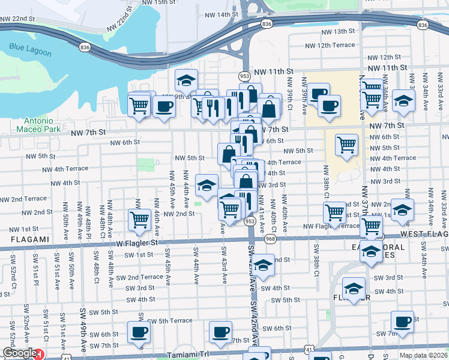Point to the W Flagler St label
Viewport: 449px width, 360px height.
click(x=137, y=243)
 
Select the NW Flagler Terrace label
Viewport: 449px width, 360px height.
click(x=331, y=226)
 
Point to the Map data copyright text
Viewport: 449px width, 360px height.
click(x=424, y=355)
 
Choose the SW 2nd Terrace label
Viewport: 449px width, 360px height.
click(x=140, y=277)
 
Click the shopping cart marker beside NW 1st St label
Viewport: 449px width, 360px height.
click(x=139, y=220)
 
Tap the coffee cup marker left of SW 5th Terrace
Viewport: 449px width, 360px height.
click(x=139, y=332)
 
